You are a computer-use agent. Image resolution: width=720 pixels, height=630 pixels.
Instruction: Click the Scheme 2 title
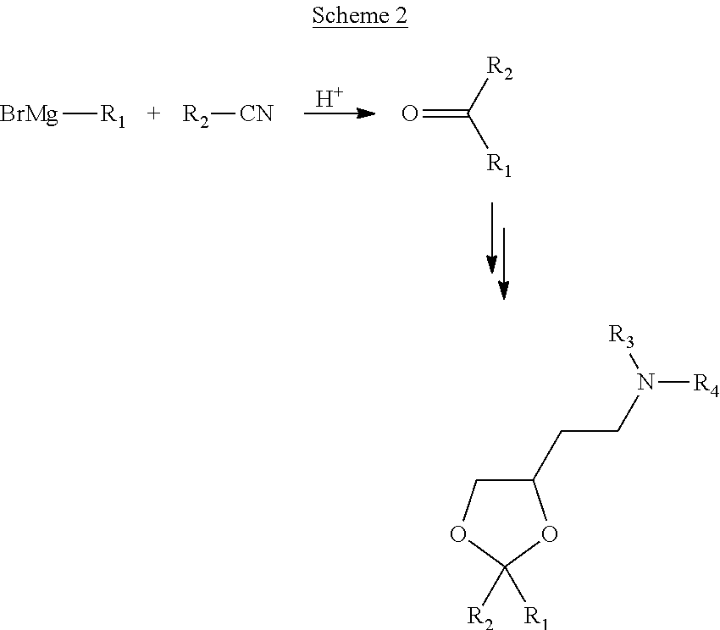pos(360,15)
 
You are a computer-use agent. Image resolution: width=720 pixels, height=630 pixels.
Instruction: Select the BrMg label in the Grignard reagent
pos(29,113)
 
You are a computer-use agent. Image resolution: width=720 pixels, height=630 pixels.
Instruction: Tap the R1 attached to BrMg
pos(113,116)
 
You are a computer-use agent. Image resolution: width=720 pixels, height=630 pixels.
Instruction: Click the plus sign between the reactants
pos(154,113)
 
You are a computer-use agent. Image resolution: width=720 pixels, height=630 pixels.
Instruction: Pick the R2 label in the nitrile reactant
pos(196,116)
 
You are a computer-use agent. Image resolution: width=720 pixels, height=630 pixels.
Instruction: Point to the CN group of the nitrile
pos(256,113)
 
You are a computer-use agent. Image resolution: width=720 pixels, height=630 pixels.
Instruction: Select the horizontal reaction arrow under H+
pos(340,113)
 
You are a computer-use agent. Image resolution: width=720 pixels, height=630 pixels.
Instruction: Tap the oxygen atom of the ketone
pos(410,113)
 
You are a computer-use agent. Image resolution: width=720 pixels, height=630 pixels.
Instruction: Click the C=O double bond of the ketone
pos(445,113)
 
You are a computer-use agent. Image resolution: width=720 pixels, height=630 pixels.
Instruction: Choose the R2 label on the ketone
pos(500,69)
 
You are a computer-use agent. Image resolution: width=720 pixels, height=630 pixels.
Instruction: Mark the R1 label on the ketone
pos(499,165)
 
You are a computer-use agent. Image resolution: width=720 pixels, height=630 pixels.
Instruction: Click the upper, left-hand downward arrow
pos(492,238)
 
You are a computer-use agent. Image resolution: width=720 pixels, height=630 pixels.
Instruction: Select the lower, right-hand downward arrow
pos(504,263)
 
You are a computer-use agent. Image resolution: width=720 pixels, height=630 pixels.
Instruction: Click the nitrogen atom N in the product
pos(646,382)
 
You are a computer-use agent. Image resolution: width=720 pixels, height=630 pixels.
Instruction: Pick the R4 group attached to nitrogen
pos(706,384)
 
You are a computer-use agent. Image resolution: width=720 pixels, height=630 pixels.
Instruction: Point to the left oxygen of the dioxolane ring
pos(457,534)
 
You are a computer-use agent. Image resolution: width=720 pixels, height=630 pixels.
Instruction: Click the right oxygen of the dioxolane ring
pos(550,534)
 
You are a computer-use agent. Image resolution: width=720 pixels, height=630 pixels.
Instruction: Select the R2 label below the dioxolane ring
pos(480,617)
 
